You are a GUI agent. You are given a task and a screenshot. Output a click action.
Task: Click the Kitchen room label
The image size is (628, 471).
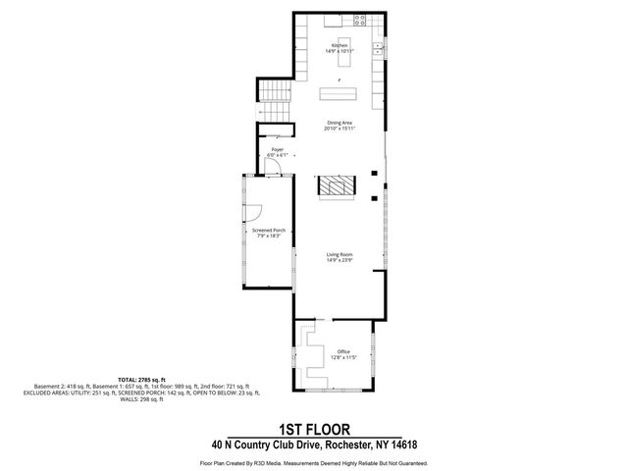pos(340,45)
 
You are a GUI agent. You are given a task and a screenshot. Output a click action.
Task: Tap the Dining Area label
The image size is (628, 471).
pos(340,123)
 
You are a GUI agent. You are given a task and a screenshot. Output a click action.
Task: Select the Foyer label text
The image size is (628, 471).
pos(277,149)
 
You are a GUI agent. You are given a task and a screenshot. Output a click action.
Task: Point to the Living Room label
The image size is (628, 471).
pos(340,254)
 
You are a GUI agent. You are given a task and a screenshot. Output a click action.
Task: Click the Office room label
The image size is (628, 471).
pos(343,351)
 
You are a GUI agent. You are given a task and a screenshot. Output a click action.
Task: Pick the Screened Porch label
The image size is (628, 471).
pos(268,231)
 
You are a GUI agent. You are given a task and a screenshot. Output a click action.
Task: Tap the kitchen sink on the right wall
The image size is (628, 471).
pos(378,48)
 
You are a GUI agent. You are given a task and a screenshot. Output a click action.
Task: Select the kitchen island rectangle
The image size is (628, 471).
pos(340,94)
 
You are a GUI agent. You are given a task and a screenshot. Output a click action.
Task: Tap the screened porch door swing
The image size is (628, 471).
pos(252,210)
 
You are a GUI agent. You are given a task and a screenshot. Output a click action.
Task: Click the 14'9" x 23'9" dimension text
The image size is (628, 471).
pos(340,260)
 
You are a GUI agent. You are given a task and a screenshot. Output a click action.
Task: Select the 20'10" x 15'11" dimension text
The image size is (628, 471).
pos(340,129)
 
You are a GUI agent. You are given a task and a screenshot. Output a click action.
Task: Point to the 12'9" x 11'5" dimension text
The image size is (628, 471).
pos(343,357)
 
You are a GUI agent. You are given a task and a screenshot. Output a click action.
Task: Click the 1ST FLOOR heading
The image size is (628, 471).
pos(313,430)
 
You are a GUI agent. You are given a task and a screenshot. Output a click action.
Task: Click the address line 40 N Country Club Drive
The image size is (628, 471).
pos(313,444)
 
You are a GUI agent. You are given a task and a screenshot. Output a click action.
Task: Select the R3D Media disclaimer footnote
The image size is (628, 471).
pos(313,461)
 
